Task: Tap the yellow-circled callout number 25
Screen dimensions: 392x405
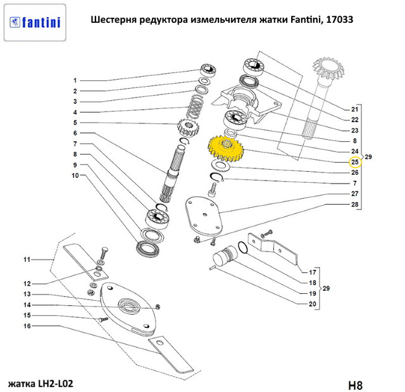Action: click(355, 161)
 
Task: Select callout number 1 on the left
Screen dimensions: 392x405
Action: click(75, 80)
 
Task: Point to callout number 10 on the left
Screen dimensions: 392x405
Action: click(74, 175)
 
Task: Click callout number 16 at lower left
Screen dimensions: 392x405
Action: click(27, 326)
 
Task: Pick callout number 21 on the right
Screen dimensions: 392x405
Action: click(355, 108)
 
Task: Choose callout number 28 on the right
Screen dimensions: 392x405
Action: click(355, 205)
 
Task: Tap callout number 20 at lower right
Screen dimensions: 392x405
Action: click(312, 305)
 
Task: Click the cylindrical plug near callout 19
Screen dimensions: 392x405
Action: click(223, 258)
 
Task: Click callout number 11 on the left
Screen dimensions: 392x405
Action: click(27, 260)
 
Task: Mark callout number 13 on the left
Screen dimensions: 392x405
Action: click(27, 294)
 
